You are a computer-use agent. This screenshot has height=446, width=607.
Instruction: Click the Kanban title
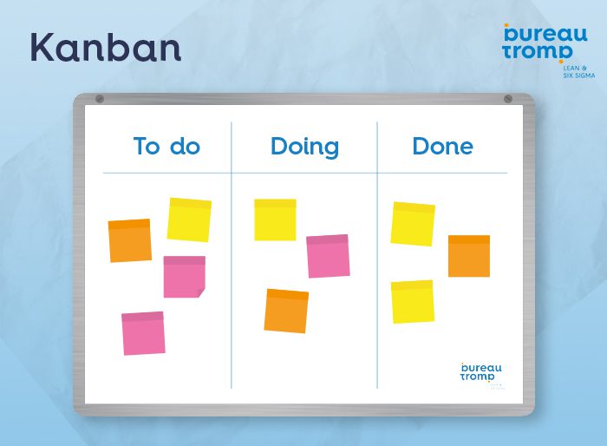click(106, 47)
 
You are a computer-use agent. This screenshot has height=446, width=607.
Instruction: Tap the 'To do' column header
click(166, 147)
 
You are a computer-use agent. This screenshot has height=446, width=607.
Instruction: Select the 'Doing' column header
click(304, 147)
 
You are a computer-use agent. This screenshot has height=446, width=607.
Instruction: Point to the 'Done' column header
click(442, 147)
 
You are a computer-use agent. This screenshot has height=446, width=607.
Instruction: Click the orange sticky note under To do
click(130, 240)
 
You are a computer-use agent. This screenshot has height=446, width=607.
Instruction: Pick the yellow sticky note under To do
click(189, 220)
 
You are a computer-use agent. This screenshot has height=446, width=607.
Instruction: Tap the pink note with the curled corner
click(184, 277)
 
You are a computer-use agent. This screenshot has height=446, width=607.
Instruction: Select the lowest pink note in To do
click(143, 333)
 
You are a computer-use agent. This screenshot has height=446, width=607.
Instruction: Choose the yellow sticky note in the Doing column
click(275, 220)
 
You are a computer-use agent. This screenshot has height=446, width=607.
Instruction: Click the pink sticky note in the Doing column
click(328, 256)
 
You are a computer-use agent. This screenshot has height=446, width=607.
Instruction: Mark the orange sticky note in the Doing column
click(286, 311)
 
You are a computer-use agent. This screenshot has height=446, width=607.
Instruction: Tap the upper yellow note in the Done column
click(413, 224)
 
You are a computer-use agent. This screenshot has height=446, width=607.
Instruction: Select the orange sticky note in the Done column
click(469, 256)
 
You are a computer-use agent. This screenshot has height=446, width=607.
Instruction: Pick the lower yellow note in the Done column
click(413, 302)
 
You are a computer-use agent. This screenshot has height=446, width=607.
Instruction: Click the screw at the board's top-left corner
click(99, 99)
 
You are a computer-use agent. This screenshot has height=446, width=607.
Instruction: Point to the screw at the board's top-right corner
click(508, 99)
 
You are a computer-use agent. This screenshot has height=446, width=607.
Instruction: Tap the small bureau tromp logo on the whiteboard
click(480, 372)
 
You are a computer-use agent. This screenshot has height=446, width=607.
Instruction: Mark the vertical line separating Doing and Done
click(377, 260)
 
